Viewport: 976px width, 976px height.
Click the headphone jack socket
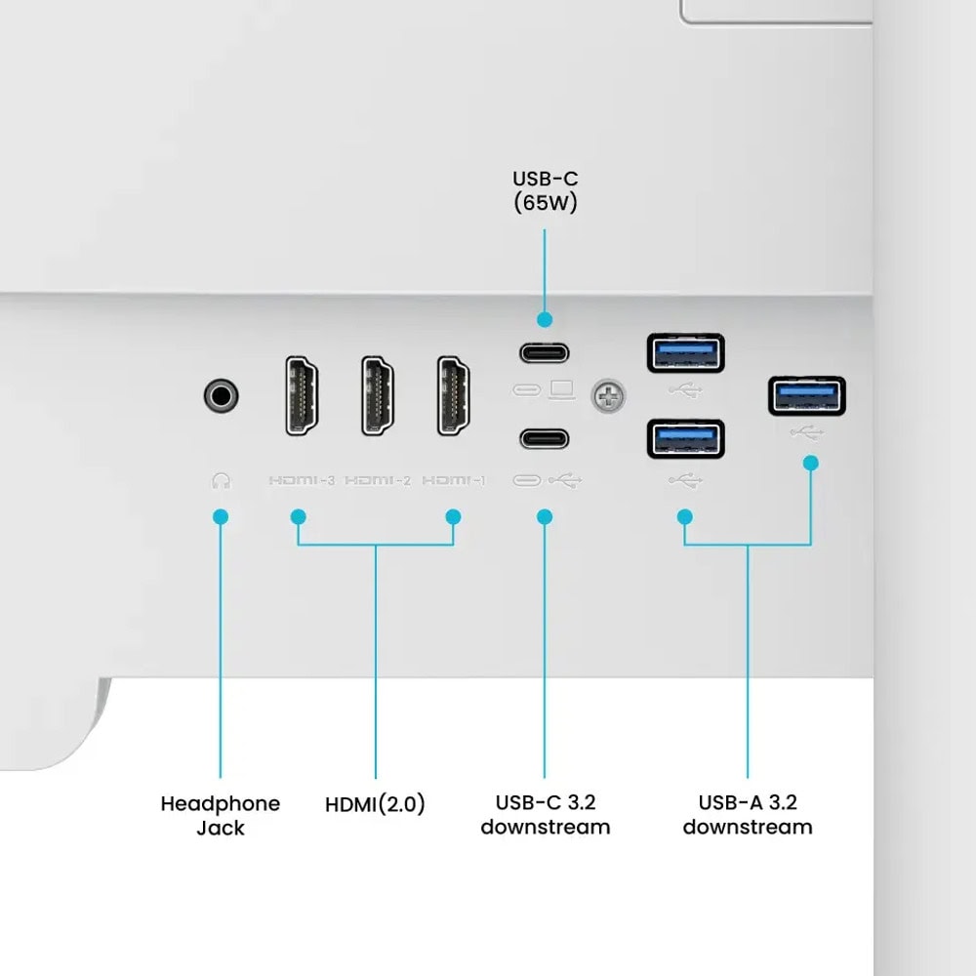221,395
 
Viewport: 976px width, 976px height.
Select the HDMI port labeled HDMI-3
302,395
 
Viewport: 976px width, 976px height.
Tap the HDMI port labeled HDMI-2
378,395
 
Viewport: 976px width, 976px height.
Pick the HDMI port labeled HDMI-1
454,395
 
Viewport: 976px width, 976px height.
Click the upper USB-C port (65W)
545,353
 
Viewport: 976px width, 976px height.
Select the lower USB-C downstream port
545,439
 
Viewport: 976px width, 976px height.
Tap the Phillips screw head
608,396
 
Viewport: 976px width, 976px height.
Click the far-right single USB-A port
807,396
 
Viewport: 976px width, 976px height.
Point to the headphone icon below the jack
221,480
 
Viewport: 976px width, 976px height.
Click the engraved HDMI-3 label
302,480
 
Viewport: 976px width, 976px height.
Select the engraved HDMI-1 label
454,480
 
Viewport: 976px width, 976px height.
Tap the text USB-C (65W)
546,190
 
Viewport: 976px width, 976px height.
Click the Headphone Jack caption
221,815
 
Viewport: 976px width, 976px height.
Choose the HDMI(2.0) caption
376,803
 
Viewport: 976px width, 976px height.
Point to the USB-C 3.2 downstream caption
546,815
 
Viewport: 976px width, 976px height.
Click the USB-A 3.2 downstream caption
748,815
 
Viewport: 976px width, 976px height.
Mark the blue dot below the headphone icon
221,516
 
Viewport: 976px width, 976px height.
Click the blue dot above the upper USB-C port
545,320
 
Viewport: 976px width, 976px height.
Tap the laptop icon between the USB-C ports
562,390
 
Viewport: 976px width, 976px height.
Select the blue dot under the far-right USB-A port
810,463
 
